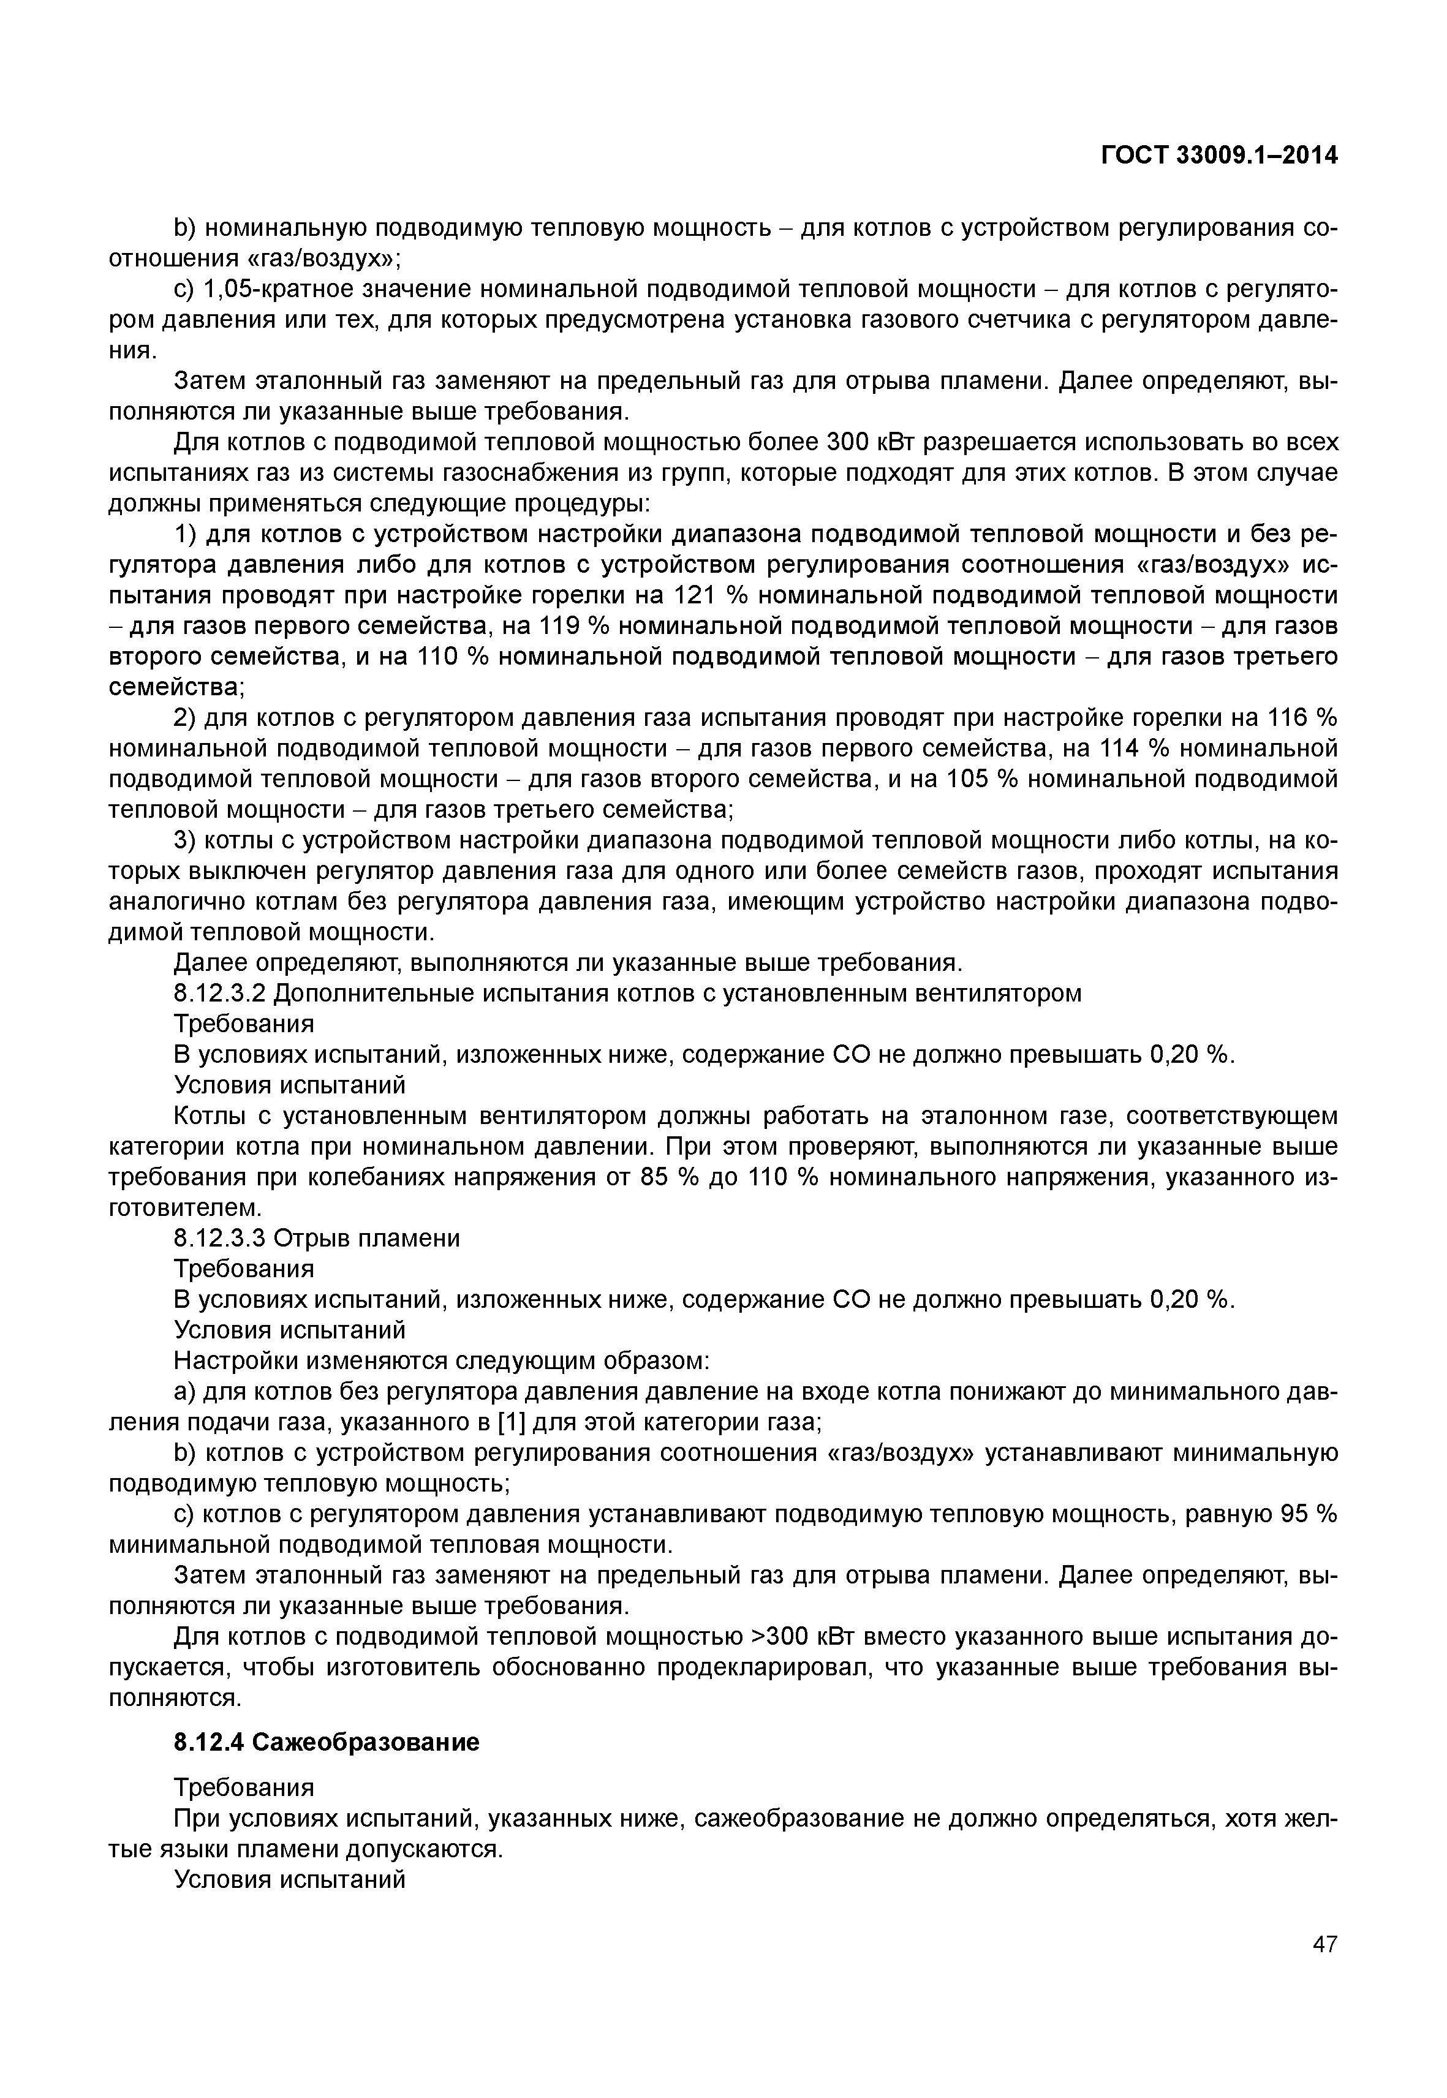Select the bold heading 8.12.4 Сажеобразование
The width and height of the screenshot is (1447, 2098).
[x=327, y=1741]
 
